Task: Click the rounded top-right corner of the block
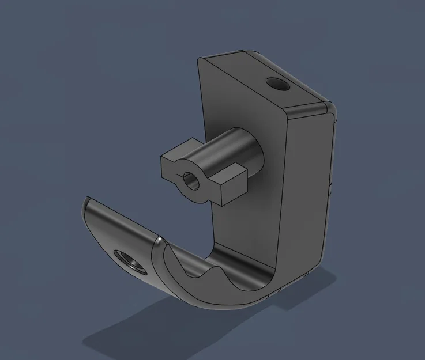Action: (x=330, y=108)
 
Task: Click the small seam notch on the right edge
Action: (x=331, y=185)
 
